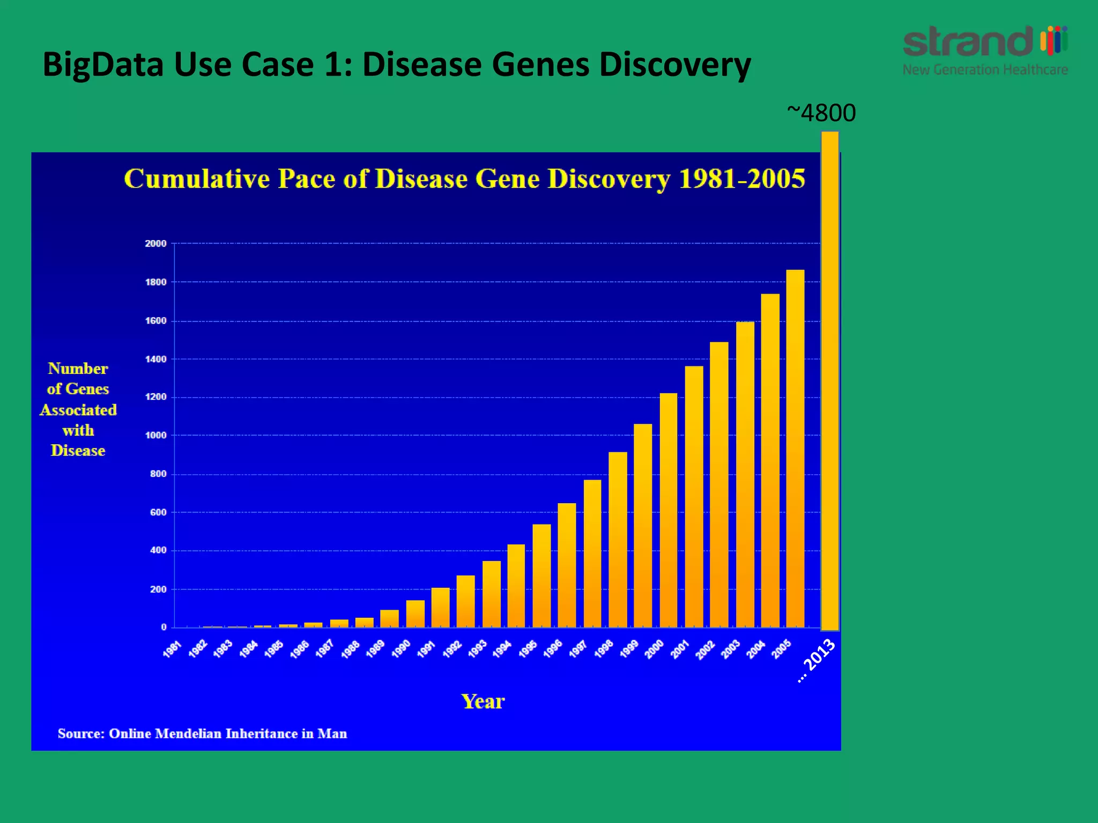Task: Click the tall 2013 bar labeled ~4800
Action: coord(829,380)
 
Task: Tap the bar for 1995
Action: coord(541,575)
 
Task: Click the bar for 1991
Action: coord(440,608)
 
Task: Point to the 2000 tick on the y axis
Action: coord(155,243)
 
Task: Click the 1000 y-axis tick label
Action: coord(155,435)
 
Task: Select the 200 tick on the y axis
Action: coord(158,589)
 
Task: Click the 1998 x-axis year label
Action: coord(604,649)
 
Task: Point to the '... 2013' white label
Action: coord(817,660)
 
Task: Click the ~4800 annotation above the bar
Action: coord(821,113)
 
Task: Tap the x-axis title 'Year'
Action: coord(483,701)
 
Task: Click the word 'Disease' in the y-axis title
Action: coord(78,451)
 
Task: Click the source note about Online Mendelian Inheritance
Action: coord(202,734)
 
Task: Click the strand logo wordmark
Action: coord(968,41)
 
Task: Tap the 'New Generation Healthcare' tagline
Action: coord(985,70)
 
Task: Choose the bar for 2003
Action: coord(745,475)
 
